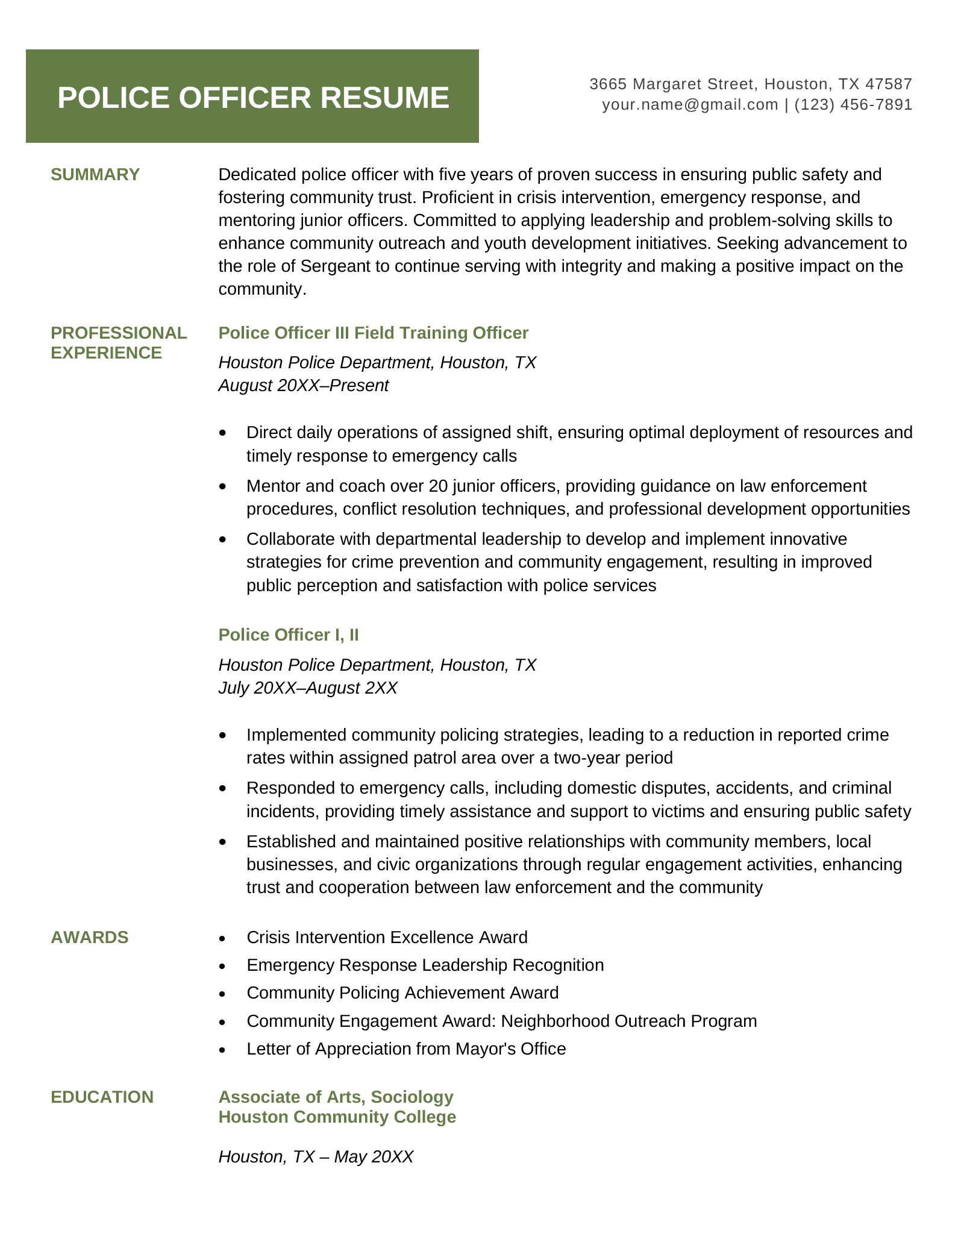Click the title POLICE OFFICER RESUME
tap(253, 98)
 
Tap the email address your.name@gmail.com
tap(690, 105)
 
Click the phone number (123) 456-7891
tap(853, 105)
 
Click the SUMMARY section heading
tap(95, 175)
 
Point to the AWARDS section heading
tap(90, 937)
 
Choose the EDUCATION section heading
tap(102, 1097)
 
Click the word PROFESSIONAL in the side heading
tap(119, 333)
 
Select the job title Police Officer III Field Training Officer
tap(373, 333)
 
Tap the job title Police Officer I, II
tap(289, 635)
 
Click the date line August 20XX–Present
tap(304, 385)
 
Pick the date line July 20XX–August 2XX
tap(308, 688)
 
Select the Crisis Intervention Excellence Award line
tap(387, 937)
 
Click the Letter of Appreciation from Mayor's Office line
tap(406, 1049)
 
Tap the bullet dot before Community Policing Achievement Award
tap(224, 994)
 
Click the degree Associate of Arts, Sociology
tap(336, 1097)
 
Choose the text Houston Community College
tap(337, 1117)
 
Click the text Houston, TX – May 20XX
tap(316, 1156)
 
